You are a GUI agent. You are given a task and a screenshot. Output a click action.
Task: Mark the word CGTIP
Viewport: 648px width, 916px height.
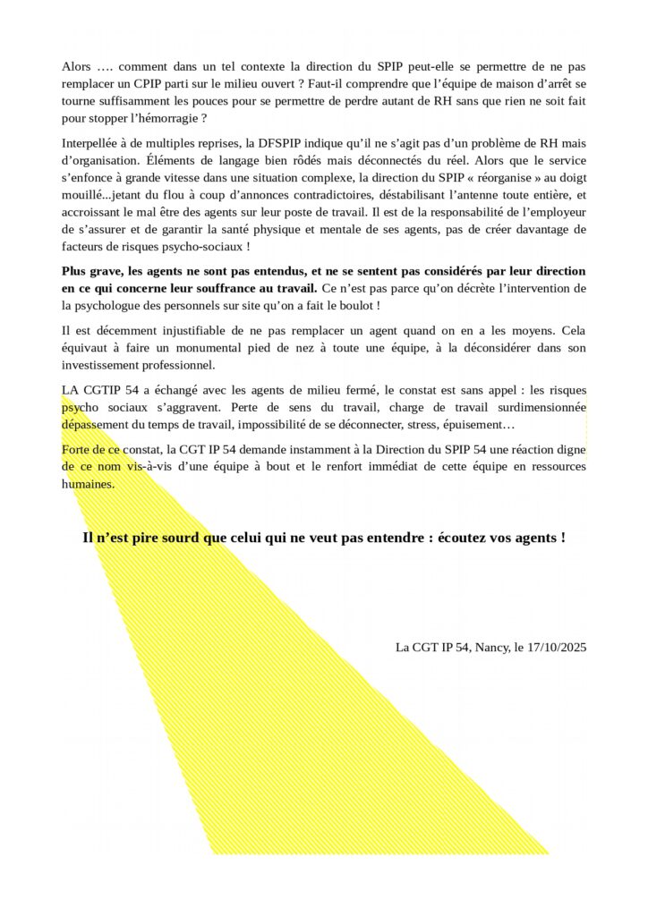click(x=105, y=391)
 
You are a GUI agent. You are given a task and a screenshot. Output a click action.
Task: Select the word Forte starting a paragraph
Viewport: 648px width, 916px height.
click(x=78, y=451)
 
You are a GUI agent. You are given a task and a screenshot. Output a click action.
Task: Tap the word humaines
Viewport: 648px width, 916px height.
click(x=88, y=484)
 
